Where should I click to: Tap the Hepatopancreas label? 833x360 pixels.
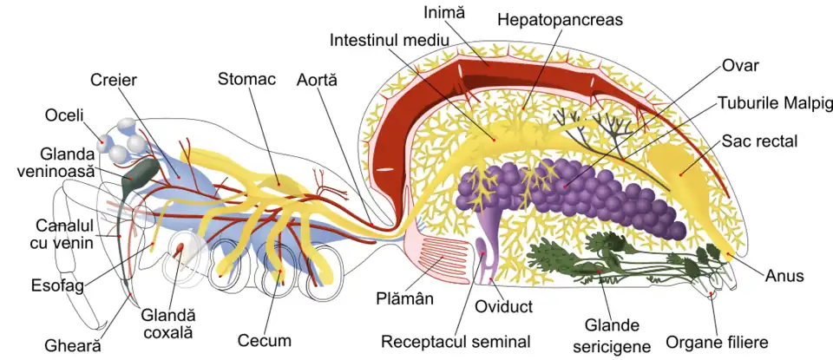tap(560, 19)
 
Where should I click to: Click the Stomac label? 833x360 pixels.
tap(246, 79)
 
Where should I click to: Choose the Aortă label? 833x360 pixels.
tap(316, 79)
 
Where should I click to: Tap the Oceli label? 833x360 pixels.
tap(65, 115)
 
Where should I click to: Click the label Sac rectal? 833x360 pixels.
tap(759, 141)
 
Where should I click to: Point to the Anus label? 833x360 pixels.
tap(784, 276)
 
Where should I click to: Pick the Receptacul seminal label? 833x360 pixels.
tap(456, 341)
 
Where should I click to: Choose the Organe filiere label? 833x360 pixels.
tap(716, 342)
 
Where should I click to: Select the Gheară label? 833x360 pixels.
tap(74, 344)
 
